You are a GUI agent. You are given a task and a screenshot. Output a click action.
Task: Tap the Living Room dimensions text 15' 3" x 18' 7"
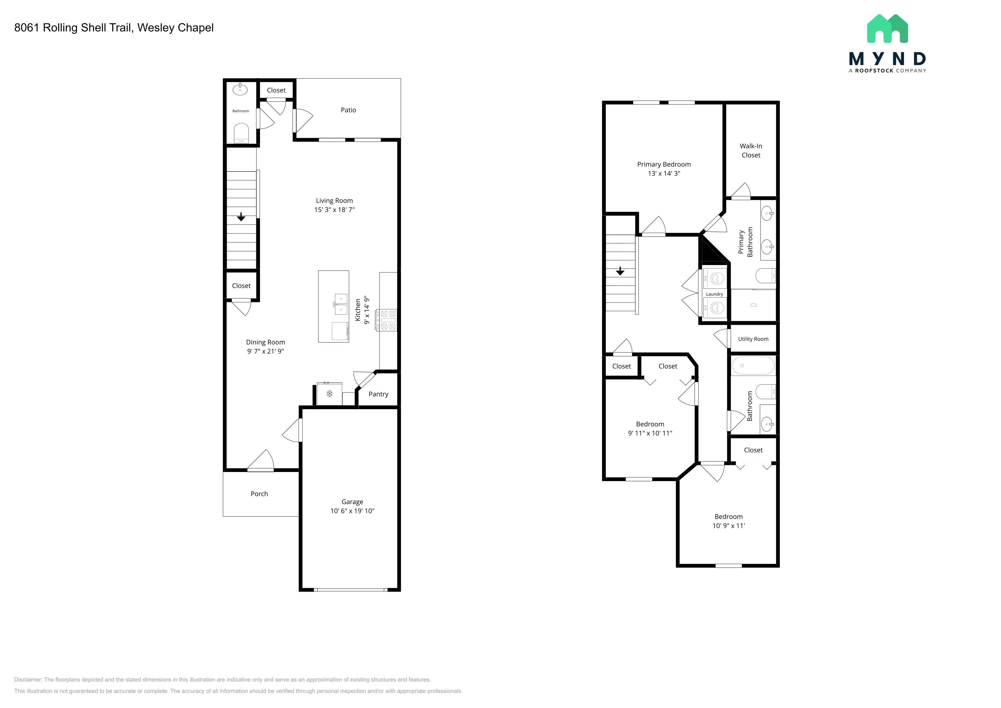pos(334,210)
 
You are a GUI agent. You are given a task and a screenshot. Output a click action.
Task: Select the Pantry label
pos(378,394)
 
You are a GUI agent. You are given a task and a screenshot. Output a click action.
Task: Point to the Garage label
pos(352,502)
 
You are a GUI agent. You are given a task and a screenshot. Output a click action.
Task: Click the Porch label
pos(259,494)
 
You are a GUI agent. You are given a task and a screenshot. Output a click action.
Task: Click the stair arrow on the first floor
pos(241,217)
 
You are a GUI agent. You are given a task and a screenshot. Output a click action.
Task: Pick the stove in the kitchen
pos(387,320)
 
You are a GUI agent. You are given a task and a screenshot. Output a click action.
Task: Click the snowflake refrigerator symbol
pos(330,394)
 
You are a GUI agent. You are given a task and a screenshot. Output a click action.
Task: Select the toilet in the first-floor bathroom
pos(241,133)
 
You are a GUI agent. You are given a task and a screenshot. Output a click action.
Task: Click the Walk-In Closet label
pos(751,150)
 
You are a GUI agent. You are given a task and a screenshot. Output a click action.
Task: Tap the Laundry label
pos(714,294)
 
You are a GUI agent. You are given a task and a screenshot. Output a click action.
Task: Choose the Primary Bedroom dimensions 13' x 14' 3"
pos(664,174)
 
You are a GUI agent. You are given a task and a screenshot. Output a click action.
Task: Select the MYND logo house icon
pos(887,29)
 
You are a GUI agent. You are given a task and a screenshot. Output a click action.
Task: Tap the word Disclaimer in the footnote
pos(28,680)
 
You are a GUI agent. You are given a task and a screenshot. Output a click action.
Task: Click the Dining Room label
pos(265,342)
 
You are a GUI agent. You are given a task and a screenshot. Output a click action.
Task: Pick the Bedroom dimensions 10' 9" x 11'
pos(728,526)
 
